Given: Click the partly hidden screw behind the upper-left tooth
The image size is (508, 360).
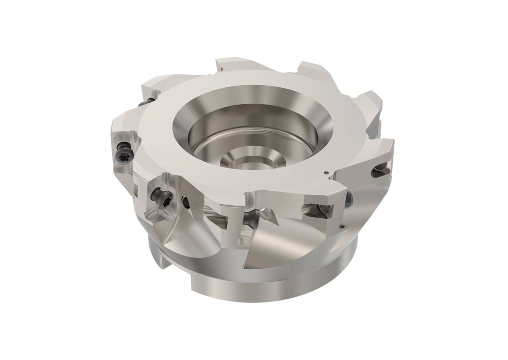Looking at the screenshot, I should (x=143, y=103).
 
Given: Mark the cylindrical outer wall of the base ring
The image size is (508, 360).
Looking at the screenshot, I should (x=258, y=288).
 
